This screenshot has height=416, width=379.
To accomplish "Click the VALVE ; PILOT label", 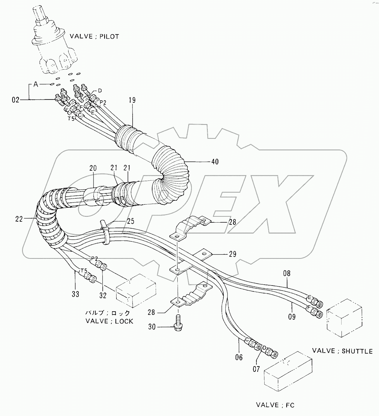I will pos(94,37).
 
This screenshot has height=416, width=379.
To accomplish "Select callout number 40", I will pos(215,161).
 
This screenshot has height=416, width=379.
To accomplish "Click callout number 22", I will pos(19,219).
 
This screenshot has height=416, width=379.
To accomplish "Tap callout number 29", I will pos(232,254).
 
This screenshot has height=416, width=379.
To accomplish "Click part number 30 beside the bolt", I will pos(152,327).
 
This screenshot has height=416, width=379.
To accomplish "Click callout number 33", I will pos(76,294).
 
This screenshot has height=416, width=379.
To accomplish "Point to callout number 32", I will pos(103,295).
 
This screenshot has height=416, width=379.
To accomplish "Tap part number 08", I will pos(287,274).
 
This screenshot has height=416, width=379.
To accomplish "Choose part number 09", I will pos(291,316).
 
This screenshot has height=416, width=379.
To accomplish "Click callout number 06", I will pos(239,357).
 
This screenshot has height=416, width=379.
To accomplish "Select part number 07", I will pos(256,369).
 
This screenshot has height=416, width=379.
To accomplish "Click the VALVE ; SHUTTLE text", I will pos(342,351).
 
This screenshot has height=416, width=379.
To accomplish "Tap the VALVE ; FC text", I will pos(275,405).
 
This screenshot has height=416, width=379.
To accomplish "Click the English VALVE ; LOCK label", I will pos(109,321).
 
